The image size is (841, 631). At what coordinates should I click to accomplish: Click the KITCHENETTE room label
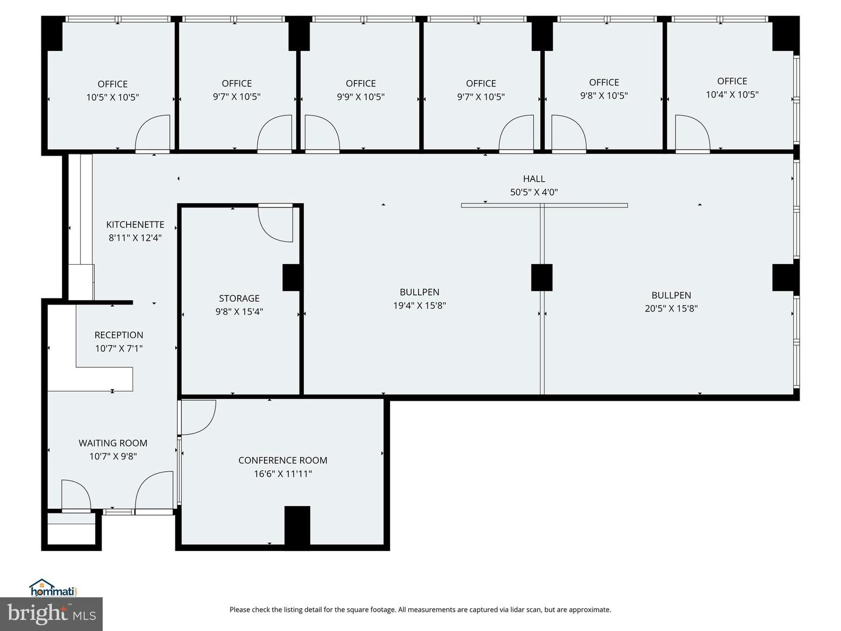pos(135,224)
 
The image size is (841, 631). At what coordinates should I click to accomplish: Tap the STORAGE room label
pos(239,298)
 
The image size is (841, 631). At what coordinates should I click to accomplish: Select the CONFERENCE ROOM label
pos(283,460)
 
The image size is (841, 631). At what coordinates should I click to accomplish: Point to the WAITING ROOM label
pos(113,443)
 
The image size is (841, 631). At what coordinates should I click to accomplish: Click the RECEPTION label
pos(119,335)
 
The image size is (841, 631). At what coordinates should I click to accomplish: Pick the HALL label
pos(534,179)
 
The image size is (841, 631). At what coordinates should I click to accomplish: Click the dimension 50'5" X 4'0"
pos(534,192)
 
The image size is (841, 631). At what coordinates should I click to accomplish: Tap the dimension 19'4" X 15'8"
pos(419,306)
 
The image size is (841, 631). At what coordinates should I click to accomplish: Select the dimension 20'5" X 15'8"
pos(671,308)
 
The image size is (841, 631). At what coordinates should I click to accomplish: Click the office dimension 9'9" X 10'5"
pos(360,96)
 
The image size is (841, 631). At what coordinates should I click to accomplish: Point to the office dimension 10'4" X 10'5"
pos(732,94)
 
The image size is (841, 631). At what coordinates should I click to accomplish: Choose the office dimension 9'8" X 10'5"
pos(604,95)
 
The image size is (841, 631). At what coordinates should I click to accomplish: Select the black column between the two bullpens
pos(542,278)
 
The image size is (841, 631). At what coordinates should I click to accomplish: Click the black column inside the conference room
pos(297,525)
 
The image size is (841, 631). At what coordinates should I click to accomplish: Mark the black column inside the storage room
pos(291,278)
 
